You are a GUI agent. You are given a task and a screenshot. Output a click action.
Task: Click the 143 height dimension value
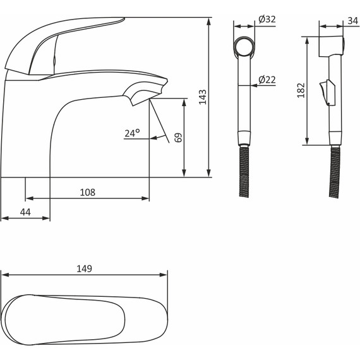pyautogui.click(x=203, y=97)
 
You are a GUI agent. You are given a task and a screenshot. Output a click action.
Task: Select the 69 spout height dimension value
pyautogui.click(x=178, y=138)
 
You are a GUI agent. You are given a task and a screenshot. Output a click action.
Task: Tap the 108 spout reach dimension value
pyautogui.click(x=88, y=192)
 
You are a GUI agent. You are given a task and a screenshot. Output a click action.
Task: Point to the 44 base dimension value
pyautogui.click(x=25, y=212)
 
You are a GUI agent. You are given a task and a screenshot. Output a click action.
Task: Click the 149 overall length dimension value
pyautogui.click(x=84, y=268)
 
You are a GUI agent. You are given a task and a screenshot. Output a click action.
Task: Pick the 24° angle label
pyautogui.click(x=132, y=133)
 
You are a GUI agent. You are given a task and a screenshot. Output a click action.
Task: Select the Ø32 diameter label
pyautogui.click(x=267, y=20)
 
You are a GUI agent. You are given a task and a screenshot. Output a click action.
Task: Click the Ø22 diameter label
pyautogui.click(x=267, y=80)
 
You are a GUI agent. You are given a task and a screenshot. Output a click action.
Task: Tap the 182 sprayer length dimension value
pyautogui.click(x=301, y=90)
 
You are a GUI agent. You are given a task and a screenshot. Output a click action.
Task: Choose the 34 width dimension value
pyautogui.click(x=353, y=21)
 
